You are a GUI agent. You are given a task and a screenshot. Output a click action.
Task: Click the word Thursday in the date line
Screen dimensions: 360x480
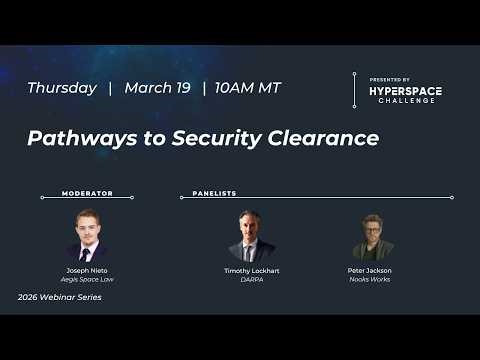(62, 88)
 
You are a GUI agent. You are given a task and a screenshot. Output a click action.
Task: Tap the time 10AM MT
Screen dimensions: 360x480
(249, 88)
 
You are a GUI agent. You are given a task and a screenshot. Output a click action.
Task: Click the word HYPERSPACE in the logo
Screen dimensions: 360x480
(406, 91)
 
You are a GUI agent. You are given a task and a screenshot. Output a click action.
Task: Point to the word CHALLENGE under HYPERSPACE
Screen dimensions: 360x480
(406, 101)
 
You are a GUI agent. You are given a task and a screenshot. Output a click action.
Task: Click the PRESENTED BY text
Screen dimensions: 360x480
(390, 79)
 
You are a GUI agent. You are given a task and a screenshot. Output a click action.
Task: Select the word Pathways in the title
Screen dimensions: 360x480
(76, 138)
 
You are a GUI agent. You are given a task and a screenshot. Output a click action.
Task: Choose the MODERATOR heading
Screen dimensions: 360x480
(87, 193)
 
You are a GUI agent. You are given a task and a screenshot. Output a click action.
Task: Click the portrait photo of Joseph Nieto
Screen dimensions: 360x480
(87, 236)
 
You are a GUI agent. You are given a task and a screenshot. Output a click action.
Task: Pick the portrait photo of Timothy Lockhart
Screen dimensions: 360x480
(251, 236)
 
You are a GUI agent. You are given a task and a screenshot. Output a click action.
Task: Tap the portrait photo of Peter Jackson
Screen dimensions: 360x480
(371, 236)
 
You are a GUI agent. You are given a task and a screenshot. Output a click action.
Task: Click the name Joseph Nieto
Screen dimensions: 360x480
(87, 270)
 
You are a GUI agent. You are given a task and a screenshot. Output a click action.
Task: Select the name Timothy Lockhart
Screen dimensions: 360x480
(251, 270)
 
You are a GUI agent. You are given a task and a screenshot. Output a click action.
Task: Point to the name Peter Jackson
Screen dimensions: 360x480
(371, 270)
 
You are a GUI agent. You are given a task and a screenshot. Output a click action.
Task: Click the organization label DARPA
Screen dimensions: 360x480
(251, 279)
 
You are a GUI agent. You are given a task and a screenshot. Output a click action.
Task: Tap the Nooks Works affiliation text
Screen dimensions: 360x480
(371, 279)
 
